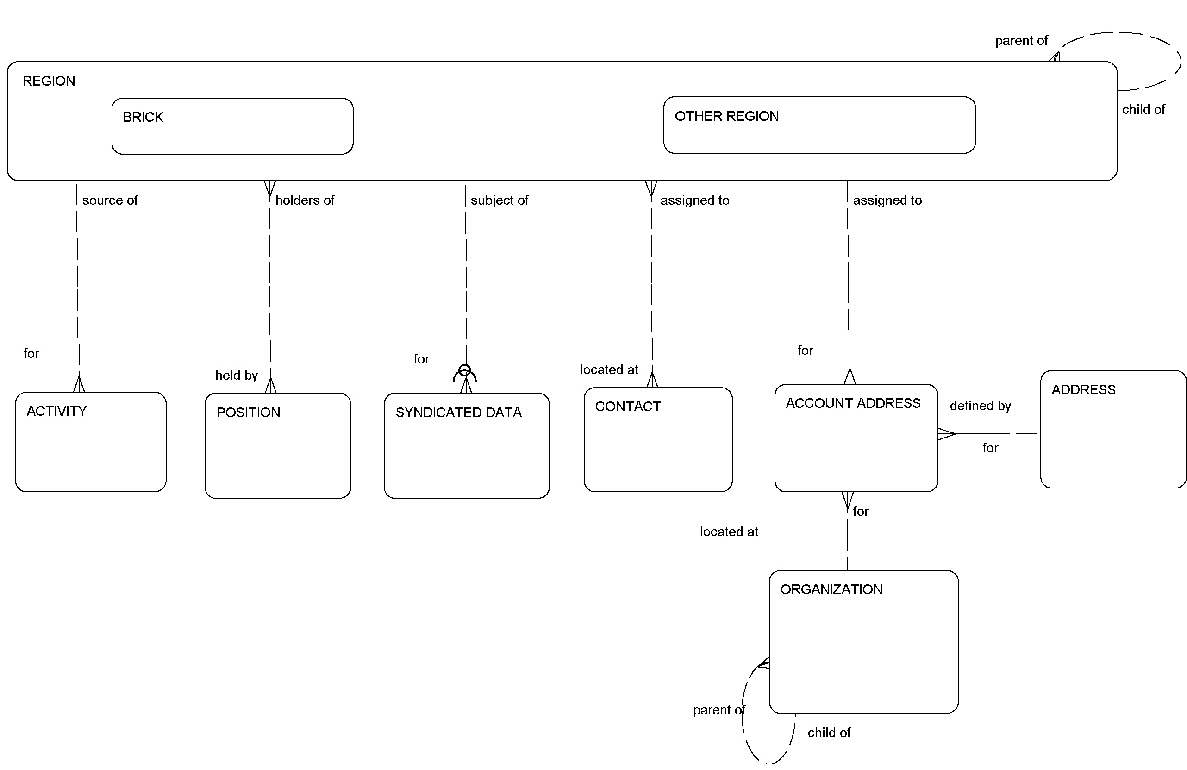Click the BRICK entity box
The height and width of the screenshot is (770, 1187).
[232, 126]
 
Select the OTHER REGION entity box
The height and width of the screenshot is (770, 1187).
[819, 125]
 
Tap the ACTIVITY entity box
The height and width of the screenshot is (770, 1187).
[90, 442]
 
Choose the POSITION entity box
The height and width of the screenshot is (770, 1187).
[277, 445]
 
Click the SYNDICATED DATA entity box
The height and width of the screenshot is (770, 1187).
[466, 445]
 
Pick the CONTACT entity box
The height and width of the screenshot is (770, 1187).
[658, 439]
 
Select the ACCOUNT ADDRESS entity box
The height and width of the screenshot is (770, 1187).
[856, 438]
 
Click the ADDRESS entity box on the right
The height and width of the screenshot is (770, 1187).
[1112, 429]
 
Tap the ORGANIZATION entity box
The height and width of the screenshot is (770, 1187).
[863, 641]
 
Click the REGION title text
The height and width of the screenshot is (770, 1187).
[49, 81]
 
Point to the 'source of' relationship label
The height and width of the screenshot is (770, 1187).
[110, 200]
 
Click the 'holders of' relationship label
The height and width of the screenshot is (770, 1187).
[305, 200]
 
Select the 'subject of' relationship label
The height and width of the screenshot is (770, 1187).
[499, 200]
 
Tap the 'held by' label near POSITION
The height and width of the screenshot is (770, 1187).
[237, 375]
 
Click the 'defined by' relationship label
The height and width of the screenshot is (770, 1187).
[980, 406]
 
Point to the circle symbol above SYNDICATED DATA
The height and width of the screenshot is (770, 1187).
[464, 370]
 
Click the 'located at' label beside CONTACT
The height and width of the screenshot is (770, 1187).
[608, 369]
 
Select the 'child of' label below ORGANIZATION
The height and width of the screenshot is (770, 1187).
[829, 732]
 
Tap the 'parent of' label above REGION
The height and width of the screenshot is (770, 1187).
[1021, 40]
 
